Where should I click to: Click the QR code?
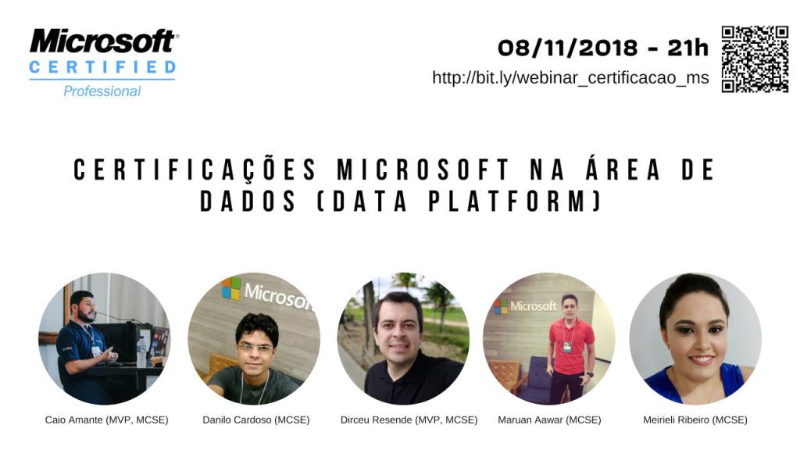coord(755,59)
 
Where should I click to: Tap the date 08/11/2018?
coord(567,48)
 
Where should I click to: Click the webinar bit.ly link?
coord(570,77)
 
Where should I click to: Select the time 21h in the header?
coord(687,48)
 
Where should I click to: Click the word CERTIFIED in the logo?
coord(102,67)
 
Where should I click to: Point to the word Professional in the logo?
coord(102,91)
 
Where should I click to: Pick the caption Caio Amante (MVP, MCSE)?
coord(106,420)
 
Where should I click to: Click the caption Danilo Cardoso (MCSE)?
coord(256,420)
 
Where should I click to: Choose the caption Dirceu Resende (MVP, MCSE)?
coord(409,420)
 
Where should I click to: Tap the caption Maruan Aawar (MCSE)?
coord(549,420)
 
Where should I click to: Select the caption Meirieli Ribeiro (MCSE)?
coord(695,420)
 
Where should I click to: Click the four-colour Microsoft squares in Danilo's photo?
coord(231,288)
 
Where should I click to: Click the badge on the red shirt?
coord(567,346)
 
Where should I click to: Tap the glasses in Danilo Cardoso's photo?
coord(255,348)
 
